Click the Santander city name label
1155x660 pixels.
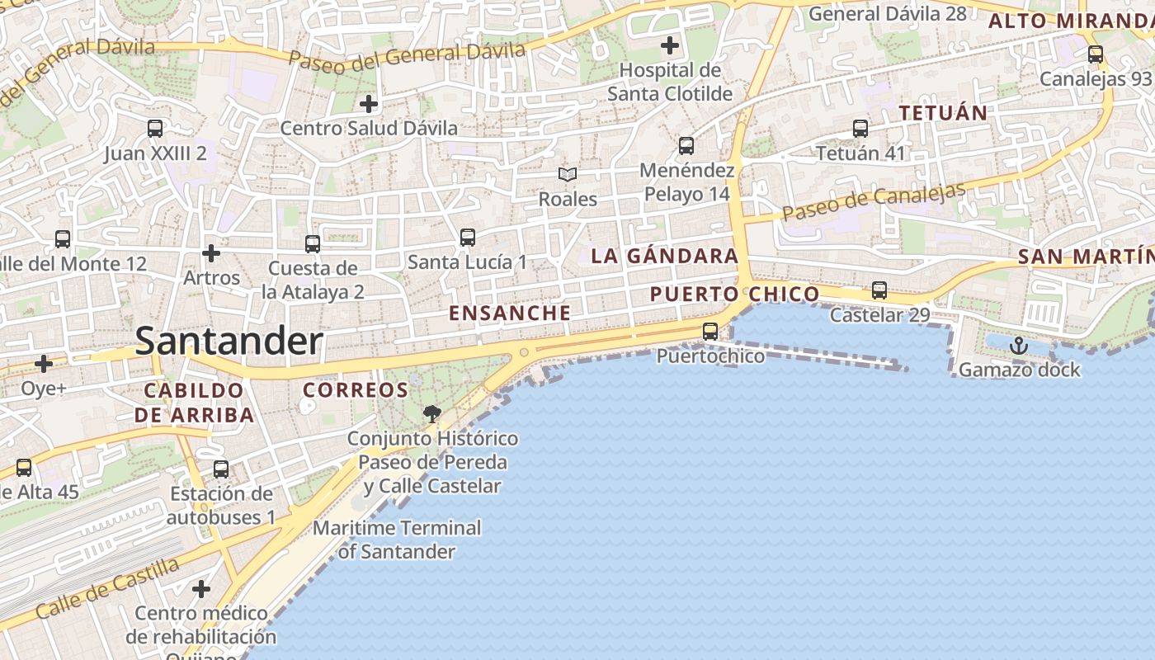click(x=229, y=341)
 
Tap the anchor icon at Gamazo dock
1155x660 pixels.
click(x=1019, y=345)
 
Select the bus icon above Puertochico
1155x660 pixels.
click(x=709, y=332)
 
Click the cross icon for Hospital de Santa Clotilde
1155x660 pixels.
click(x=669, y=45)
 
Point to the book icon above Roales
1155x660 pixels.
click(x=567, y=174)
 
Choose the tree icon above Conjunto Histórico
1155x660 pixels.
click(x=431, y=413)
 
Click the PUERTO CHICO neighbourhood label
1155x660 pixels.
click(x=734, y=295)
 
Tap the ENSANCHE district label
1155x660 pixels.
click(x=509, y=313)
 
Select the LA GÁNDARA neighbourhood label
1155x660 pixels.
click(x=664, y=256)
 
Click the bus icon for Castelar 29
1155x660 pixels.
click(x=879, y=290)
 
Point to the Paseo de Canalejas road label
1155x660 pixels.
click(x=874, y=202)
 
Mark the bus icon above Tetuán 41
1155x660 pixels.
click(x=860, y=129)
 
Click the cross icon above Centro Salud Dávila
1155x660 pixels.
click(x=369, y=104)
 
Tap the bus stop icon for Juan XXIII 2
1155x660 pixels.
click(x=154, y=129)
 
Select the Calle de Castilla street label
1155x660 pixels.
click(x=107, y=588)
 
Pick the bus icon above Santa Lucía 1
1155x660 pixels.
click(x=467, y=238)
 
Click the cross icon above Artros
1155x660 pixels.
click(x=211, y=252)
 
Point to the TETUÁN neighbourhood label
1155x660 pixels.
click(x=943, y=113)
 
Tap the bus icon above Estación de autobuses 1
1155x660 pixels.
click(x=220, y=469)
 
